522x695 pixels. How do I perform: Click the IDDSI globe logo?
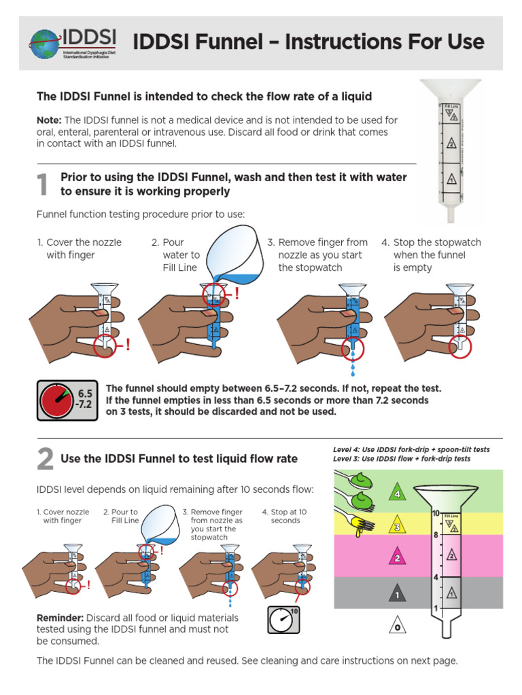click(46, 43)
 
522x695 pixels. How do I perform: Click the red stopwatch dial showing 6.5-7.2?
click(57, 400)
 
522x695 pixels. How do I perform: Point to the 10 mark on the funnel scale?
click(436, 514)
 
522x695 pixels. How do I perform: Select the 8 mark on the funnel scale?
click(436, 535)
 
